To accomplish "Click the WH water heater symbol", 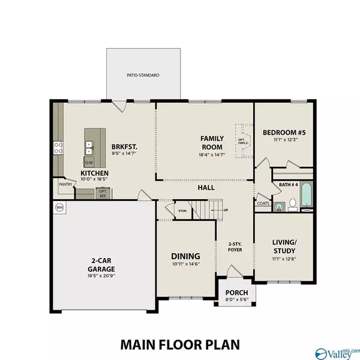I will point(59,207).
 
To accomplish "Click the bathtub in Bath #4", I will point(306,196).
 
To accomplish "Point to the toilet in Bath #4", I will point(292,205).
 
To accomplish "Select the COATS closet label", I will point(262,203).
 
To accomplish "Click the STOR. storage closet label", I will point(182,211).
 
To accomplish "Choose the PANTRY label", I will point(65,185).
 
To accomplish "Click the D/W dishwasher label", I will point(89,163).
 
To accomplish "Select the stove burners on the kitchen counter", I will point(58,148).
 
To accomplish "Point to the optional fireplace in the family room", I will point(243,142).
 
